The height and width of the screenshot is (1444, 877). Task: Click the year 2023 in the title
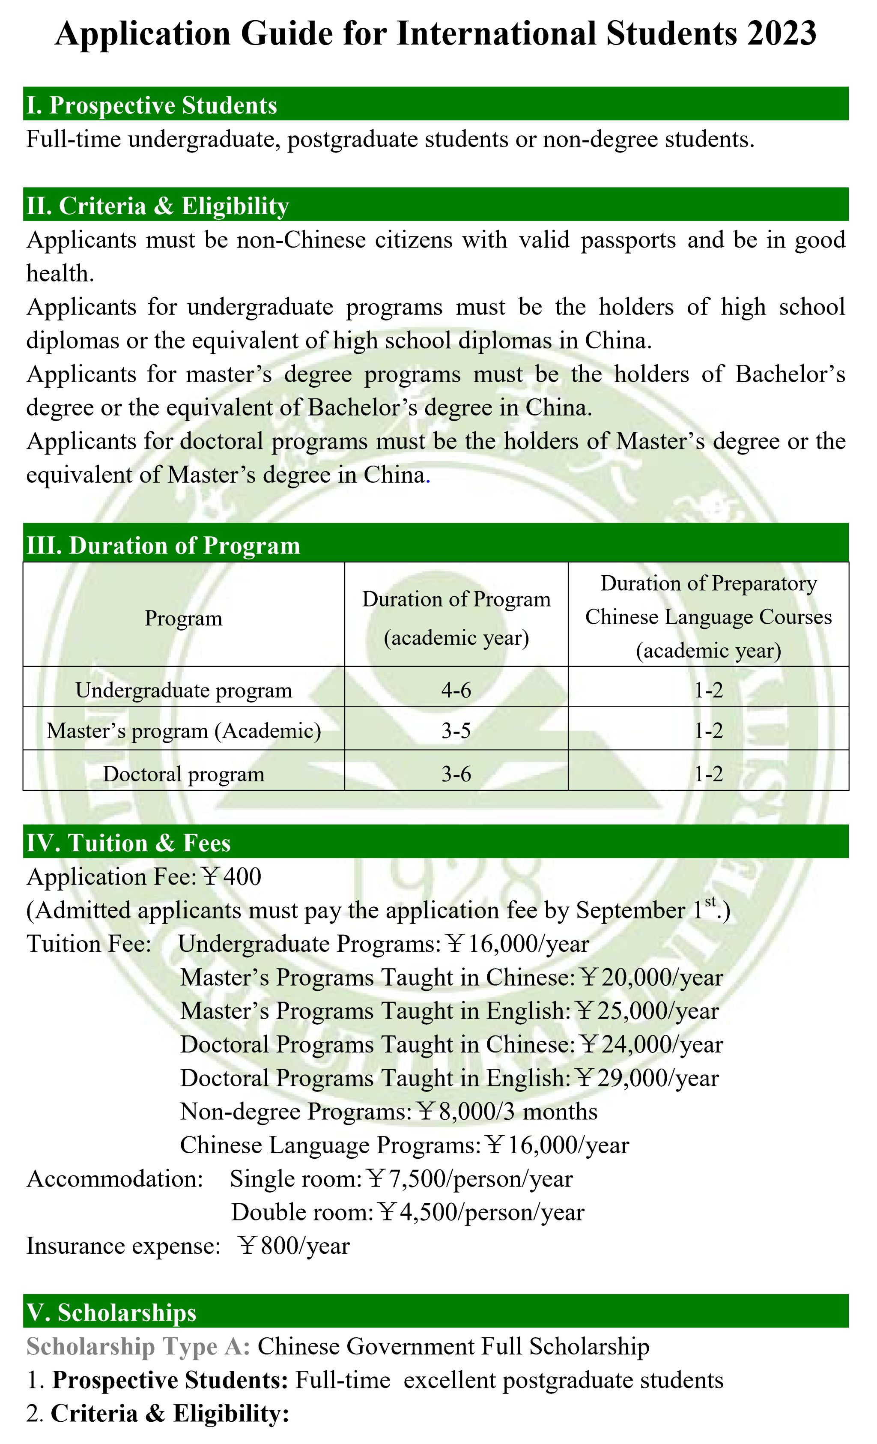click(781, 33)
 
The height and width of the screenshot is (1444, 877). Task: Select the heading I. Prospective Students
click(151, 105)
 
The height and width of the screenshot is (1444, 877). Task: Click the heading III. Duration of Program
click(163, 546)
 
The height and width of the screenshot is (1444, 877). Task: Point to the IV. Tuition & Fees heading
click(128, 843)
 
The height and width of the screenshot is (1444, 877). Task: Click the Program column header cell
click(183, 618)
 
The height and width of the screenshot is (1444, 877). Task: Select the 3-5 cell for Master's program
click(456, 731)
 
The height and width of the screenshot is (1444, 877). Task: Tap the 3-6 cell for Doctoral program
click(456, 774)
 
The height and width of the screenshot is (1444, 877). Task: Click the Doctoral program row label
click(183, 774)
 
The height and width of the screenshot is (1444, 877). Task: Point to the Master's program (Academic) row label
click(183, 731)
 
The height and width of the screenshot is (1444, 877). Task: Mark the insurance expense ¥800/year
click(294, 1246)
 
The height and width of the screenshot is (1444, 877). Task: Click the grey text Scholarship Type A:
click(138, 1347)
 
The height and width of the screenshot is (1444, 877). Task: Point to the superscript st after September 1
click(710, 903)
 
